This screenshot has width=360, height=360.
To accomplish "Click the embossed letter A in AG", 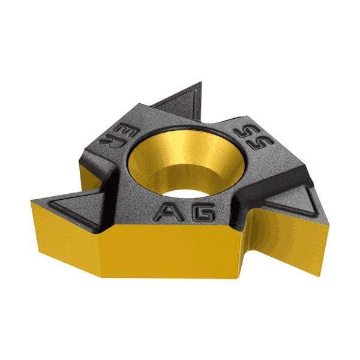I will (x=166, y=212).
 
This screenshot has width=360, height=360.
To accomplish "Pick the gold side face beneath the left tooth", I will (x=66, y=240).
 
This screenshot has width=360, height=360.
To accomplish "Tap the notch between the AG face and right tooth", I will (x=240, y=204).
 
